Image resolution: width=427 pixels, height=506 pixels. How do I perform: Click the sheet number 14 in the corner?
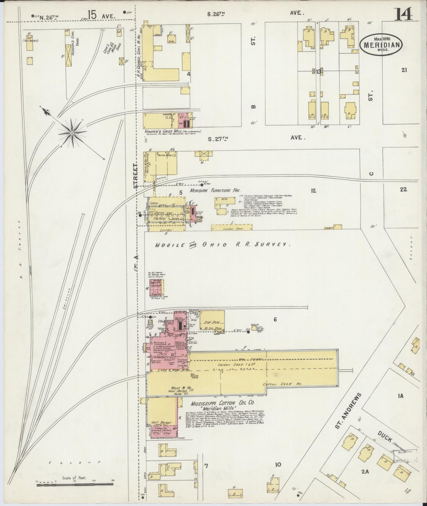tap(403, 14)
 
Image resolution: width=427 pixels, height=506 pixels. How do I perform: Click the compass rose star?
tap(72, 133)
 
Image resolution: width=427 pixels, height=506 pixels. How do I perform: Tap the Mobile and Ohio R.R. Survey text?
tap(222, 245)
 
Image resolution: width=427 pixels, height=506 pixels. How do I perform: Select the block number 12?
tap(313, 191)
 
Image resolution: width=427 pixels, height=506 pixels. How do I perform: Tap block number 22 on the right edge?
tap(403, 189)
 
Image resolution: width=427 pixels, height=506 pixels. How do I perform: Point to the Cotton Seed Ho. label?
tap(282, 384)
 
